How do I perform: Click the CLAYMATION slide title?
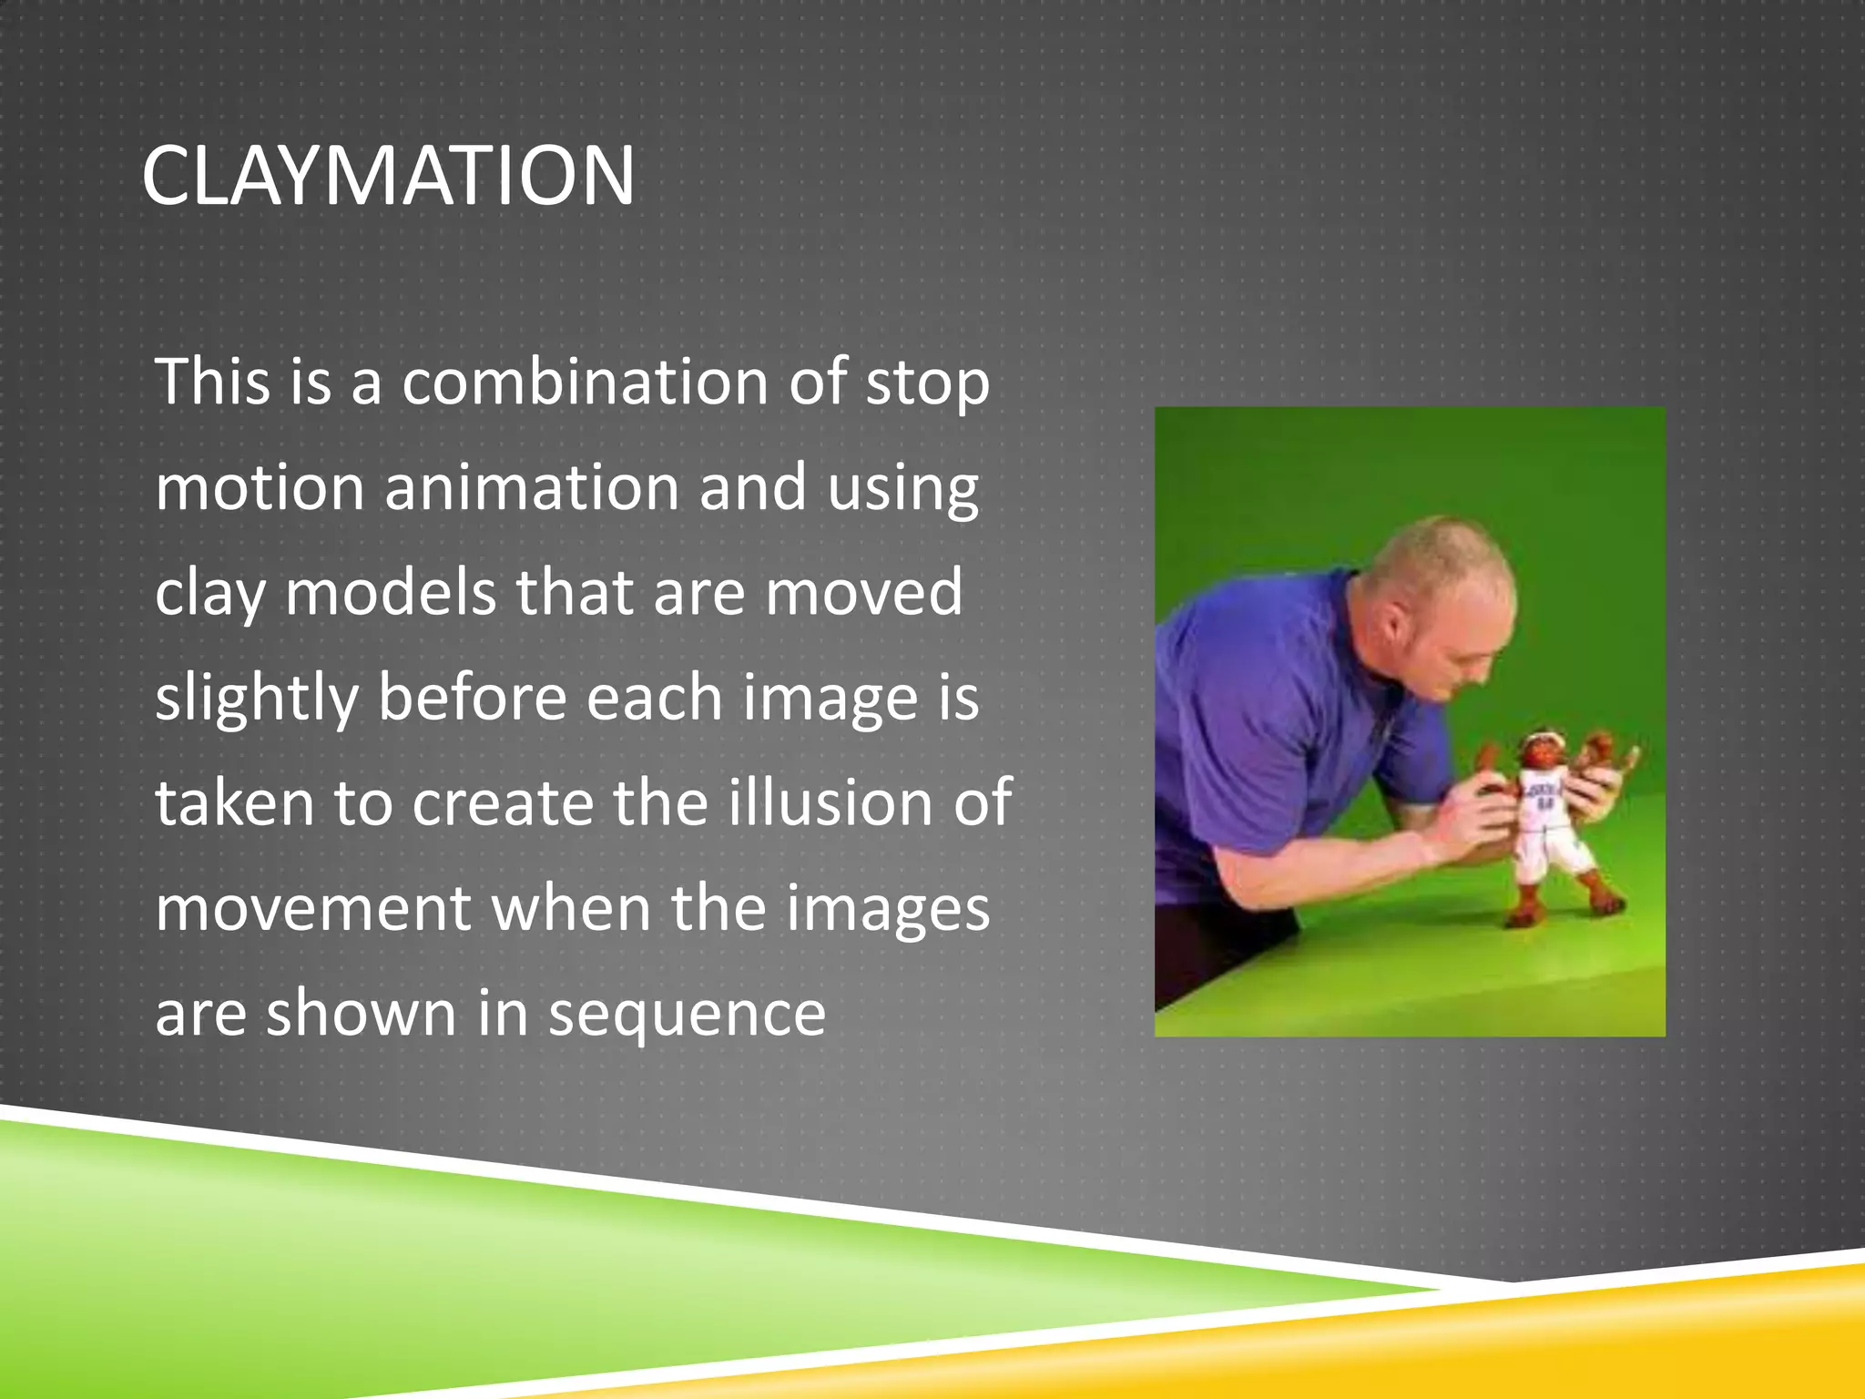pos(388,176)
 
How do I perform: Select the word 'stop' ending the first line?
pos(927,383)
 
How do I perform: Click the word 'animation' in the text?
pos(532,487)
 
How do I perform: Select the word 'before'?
pos(473,698)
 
